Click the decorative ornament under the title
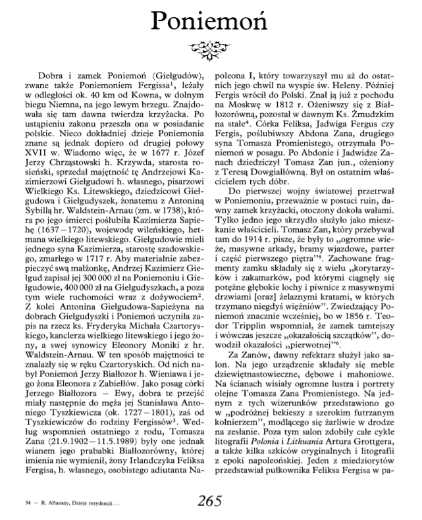tap(211, 47)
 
